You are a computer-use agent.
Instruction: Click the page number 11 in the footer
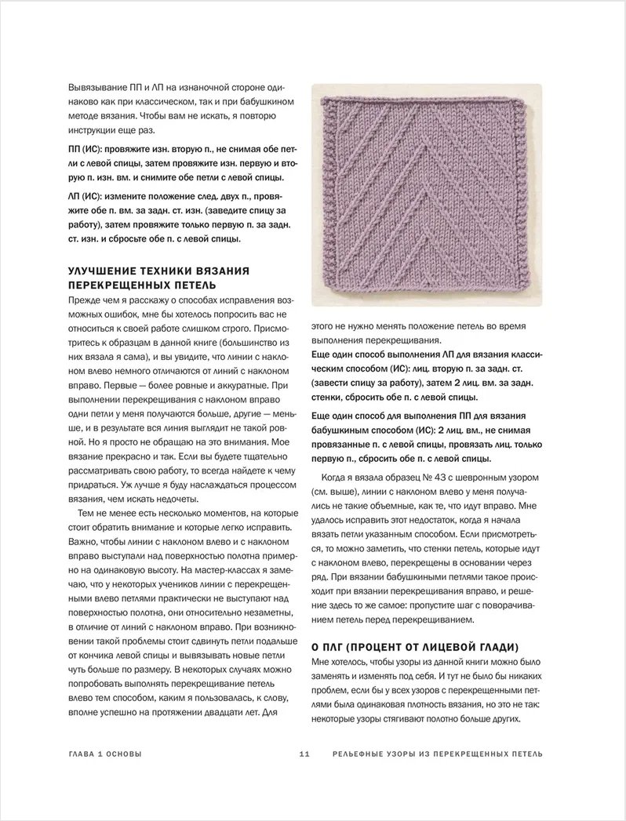click(x=306, y=754)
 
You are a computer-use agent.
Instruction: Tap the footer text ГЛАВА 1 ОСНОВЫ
click(x=105, y=754)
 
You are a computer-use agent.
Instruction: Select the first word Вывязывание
click(x=98, y=86)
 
